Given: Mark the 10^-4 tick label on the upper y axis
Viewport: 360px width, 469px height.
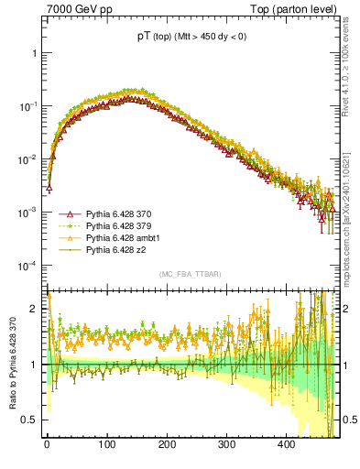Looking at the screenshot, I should tap(28, 266).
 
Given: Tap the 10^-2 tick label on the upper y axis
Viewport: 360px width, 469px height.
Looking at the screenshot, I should tap(28, 159).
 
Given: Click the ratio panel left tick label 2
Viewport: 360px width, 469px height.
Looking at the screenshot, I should tap(35, 309).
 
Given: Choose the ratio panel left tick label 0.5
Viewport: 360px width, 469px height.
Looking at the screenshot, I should tap(30, 420).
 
